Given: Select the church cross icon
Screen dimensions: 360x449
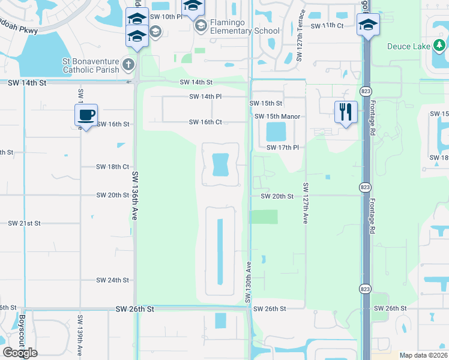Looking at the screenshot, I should [x=127, y=64].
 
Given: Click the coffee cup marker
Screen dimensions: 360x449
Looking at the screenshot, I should [x=86, y=114].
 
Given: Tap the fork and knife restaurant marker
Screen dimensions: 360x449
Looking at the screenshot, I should [x=346, y=112].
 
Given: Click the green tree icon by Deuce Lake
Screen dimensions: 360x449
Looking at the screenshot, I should [x=439, y=45].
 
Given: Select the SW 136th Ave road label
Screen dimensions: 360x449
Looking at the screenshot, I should [x=135, y=196].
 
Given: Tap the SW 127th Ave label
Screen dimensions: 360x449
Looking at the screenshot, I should [x=306, y=203].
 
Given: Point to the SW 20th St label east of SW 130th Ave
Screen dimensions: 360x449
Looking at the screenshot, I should [x=277, y=196].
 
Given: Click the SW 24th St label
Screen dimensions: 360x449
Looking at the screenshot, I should [x=113, y=280].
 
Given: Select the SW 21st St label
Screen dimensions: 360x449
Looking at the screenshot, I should [x=24, y=223].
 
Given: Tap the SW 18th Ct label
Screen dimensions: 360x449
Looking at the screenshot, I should [x=113, y=167].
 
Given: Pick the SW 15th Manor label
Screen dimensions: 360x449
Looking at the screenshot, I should [x=277, y=116].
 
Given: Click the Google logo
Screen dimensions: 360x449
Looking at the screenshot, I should [x=20, y=353].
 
